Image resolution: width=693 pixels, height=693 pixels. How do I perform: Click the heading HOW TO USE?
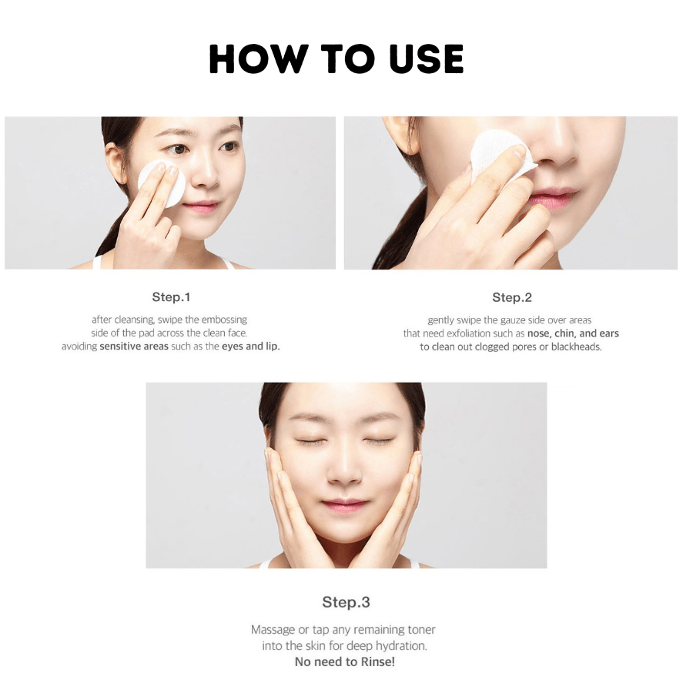(336, 59)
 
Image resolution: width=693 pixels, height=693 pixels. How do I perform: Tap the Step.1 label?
(171, 297)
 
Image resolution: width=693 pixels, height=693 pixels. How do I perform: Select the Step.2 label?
(512, 297)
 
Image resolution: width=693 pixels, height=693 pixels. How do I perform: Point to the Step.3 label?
(346, 602)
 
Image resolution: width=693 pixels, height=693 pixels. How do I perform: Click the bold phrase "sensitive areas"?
(134, 346)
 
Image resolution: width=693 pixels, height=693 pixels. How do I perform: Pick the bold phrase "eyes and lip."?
(250, 346)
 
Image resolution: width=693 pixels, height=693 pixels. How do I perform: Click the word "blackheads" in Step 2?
(576, 346)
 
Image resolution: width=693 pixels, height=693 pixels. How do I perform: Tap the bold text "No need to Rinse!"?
(345, 661)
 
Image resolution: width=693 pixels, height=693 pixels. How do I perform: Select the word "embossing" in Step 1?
(225, 320)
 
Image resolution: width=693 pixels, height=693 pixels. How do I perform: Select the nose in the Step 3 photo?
(345, 469)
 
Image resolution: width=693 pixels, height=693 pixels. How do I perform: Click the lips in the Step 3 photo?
(345, 504)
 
